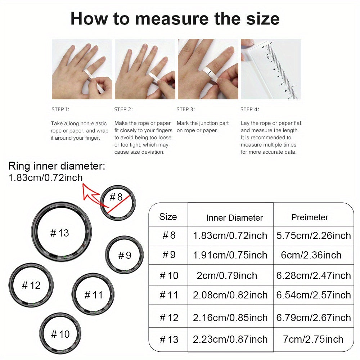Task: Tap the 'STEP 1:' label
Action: [60, 109]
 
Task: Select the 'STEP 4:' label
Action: [249, 109]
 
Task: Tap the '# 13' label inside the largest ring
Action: [59, 233]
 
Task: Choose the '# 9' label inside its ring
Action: [125, 255]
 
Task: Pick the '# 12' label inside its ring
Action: [31, 285]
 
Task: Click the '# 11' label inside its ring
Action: [94, 295]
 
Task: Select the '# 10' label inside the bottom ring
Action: [60, 334]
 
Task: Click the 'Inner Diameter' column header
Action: [235, 218]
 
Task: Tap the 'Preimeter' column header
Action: [310, 217]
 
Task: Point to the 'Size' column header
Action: [168, 217]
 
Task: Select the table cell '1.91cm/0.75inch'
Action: [230, 255]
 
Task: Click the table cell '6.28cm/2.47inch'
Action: [314, 275]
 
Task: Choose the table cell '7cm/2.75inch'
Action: [313, 339]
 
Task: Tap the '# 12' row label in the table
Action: [169, 318]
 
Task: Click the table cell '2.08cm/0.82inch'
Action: [230, 295]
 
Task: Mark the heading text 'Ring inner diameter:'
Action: [57, 166]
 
